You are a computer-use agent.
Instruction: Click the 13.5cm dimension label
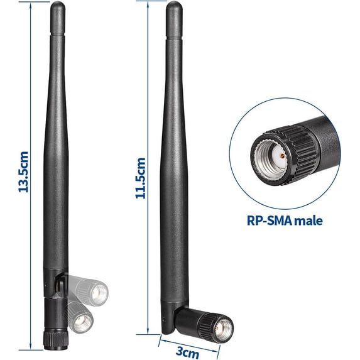click(x=23, y=171)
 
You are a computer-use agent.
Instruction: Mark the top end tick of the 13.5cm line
click(x=23, y=2)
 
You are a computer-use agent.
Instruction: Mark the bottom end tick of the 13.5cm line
click(x=23, y=347)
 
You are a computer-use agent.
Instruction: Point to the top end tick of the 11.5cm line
click(x=146, y=2)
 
